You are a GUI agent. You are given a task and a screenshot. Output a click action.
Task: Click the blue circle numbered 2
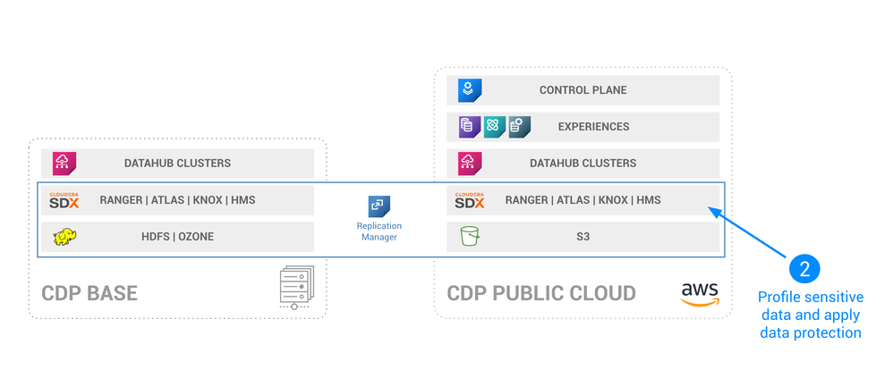[804, 268]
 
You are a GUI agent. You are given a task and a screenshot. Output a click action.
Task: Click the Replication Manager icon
[379, 206]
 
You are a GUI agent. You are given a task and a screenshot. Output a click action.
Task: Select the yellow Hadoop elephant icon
[64, 237]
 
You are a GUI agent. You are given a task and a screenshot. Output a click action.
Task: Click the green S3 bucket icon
[470, 237]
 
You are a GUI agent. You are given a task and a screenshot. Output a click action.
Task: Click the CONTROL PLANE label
[583, 90]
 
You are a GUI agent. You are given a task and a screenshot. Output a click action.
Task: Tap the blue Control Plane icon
[470, 90]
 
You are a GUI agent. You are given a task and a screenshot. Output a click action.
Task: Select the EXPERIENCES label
[593, 127]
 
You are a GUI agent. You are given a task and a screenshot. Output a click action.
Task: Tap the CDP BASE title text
[89, 294]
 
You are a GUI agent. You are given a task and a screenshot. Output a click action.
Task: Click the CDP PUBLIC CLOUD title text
[541, 294]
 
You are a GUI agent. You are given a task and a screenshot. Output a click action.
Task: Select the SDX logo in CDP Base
[64, 200]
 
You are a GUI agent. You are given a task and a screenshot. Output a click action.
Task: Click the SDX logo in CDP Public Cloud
[470, 200]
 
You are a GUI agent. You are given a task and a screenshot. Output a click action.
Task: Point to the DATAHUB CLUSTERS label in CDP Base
[177, 164]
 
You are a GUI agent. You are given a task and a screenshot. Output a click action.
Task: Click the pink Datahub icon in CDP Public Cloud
[470, 164]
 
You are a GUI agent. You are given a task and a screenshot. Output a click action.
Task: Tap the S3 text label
[583, 237]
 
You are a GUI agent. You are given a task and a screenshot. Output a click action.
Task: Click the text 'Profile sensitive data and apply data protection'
[809, 315]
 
